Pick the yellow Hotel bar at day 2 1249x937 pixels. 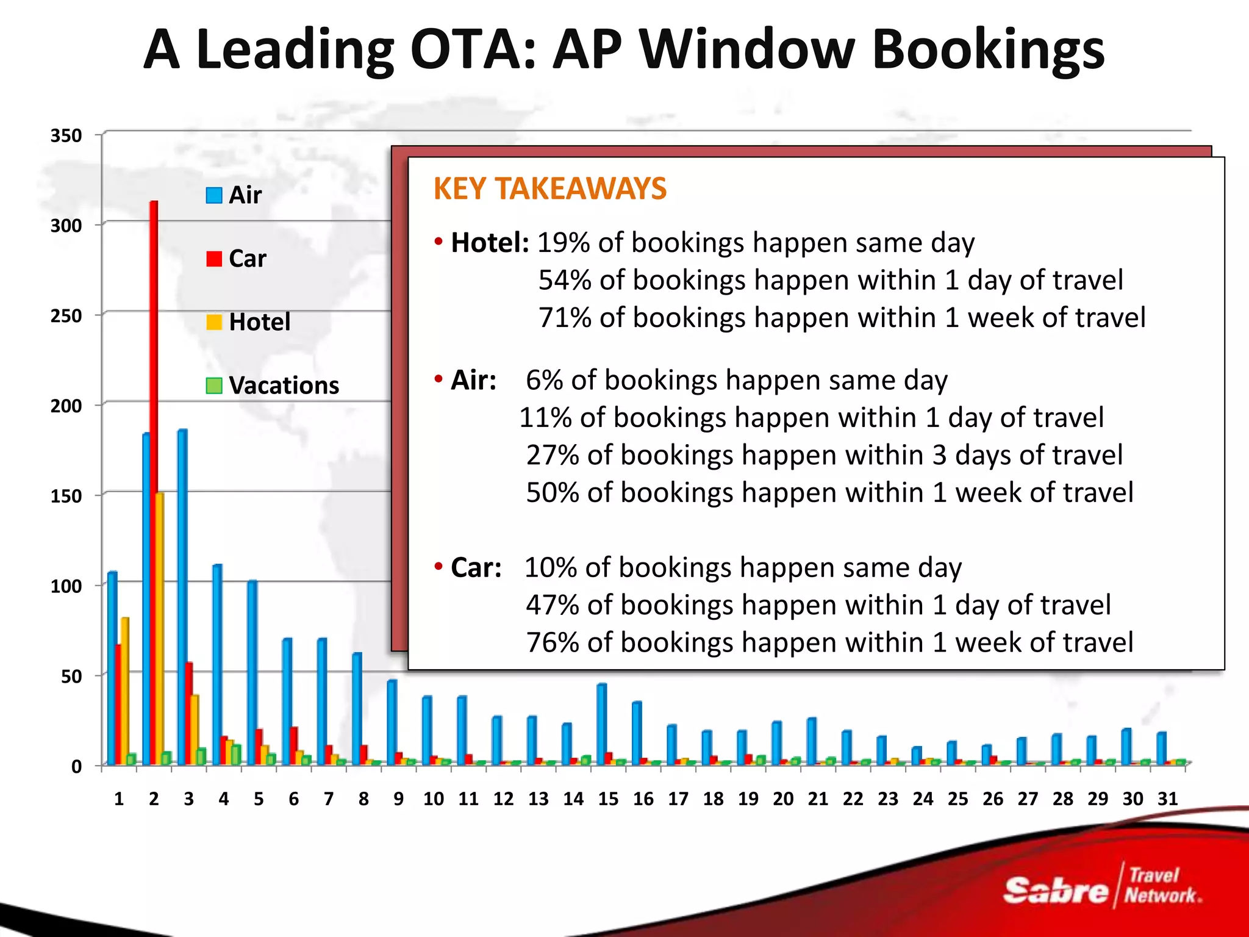pyautogui.click(x=160, y=628)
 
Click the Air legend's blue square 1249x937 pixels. pyautogui.click(x=214, y=195)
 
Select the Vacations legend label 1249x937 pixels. pyautogui.click(x=284, y=386)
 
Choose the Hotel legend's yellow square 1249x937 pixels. pyautogui.click(x=214, y=322)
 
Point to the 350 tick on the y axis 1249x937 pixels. pyautogui.click(x=66, y=135)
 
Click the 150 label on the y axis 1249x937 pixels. pyautogui.click(x=66, y=496)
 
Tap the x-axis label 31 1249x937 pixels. pyautogui.click(x=1167, y=799)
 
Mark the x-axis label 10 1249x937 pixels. pyautogui.click(x=434, y=799)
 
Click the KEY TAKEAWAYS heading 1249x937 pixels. pyautogui.click(x=549, y=188)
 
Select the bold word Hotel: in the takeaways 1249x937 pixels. pyautogui.click(x=490, y=243)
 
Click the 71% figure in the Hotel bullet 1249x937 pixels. pyautogui.click(x=565, y=318)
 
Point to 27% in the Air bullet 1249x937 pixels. pyautogui.click(x=553, y=455)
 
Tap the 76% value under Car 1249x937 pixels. pyautogui.click(x=553, y=642)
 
